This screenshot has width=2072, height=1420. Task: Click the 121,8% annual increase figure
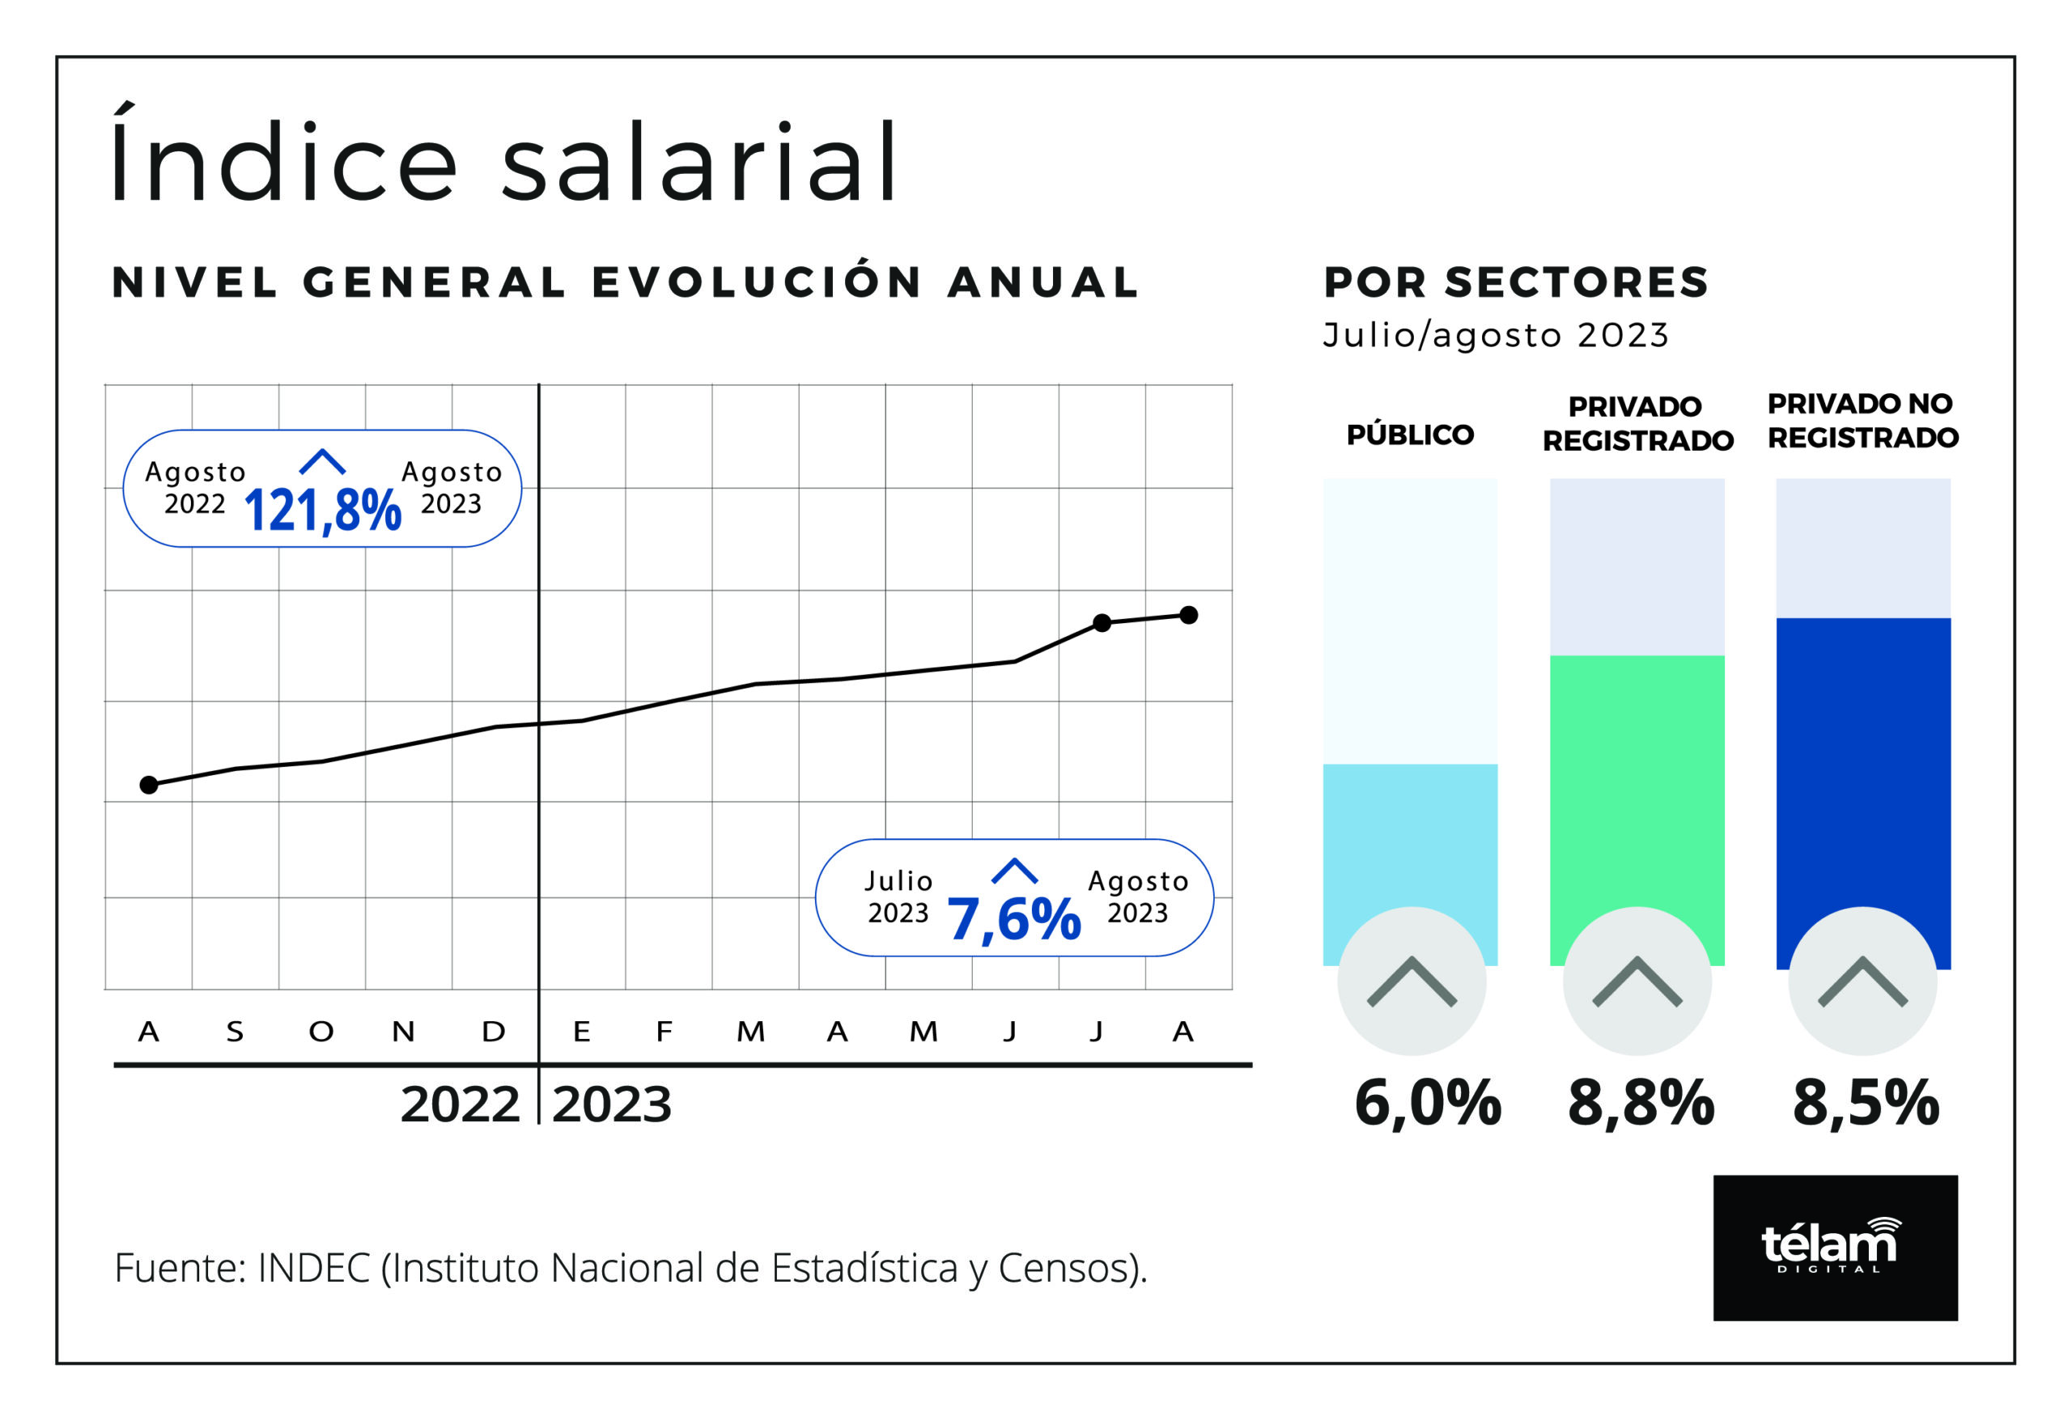(x=322, y=510)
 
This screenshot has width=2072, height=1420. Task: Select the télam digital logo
(x=1835, y=1247)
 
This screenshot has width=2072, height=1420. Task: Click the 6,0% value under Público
(x=1428, y=1103)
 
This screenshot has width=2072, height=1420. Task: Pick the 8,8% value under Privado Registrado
(x=1641, y=1103)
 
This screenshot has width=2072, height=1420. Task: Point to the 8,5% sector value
(x=1865, y=1103)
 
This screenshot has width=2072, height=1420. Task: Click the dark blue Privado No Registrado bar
(x=1862, y=766)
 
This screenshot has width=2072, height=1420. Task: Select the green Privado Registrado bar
(x=1637, y=784)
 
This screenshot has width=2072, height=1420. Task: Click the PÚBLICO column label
(x=1410, y=435)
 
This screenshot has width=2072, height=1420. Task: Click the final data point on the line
(x=1188, y=615)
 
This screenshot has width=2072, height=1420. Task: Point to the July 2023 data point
(x=1102, y=623)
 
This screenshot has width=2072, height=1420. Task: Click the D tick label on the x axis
(x=494, y=1032)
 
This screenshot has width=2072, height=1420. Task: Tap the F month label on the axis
(x=664, y=1032)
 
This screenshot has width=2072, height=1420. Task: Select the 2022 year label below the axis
(x=459, y=1104)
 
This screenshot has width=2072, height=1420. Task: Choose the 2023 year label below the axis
(x=612, y=1104)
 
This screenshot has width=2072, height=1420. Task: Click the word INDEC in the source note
(x=313, y=1268)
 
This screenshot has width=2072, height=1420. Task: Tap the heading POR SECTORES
(x=1516, y=282)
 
